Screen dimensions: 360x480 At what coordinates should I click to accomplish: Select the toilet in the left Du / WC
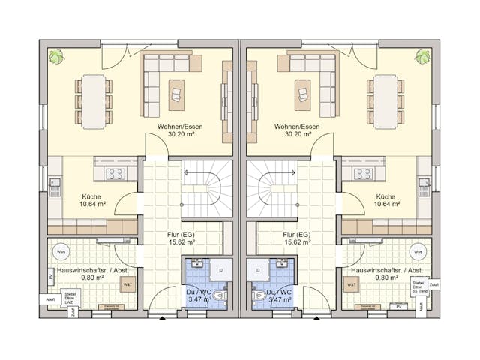(220, 293)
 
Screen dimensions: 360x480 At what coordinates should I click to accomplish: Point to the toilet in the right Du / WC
(260, 293)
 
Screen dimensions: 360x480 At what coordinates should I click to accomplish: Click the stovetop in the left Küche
(115, 174)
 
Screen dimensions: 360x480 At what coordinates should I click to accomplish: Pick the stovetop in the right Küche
(364, 174)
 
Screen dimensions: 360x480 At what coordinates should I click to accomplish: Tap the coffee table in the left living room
(177, 92)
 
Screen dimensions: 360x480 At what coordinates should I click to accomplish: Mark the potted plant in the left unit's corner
(55, 56)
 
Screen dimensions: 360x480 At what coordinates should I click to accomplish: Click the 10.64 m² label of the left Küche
(93, 204)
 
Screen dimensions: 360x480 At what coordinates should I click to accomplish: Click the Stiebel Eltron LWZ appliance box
(70, 297)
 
